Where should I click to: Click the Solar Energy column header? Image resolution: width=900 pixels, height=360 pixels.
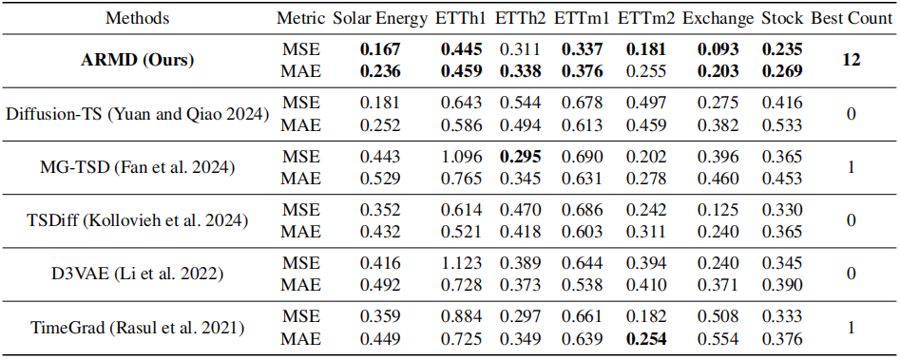[380, 18]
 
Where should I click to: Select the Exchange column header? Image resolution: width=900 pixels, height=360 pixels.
[718, 18]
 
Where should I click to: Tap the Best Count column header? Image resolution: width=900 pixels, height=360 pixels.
[852, 18]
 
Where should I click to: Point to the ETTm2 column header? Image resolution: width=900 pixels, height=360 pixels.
[642, 18]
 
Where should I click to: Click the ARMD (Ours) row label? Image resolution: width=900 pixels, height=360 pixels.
[138, 60]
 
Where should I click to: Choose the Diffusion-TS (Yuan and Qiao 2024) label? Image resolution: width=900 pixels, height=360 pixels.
[138, 113]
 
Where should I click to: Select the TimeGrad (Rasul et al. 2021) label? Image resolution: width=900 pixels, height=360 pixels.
[138, 329]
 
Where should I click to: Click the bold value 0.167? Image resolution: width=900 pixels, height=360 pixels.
[380, 49]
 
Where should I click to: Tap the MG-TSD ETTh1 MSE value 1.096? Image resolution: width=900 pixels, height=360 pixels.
[461, 157]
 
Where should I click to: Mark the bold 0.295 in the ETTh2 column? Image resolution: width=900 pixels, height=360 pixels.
[521, 157]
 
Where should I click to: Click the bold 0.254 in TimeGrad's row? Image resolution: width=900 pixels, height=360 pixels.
[646, 340]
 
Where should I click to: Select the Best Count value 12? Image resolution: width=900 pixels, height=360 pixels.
[852, 60]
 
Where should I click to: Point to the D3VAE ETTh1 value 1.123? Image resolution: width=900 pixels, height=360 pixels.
[461, 265]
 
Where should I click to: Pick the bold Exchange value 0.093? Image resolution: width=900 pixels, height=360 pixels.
[718, 49]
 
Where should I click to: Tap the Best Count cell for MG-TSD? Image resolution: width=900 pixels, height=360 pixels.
[852, 167]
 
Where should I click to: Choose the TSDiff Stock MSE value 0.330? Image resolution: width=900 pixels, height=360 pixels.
[782, 211]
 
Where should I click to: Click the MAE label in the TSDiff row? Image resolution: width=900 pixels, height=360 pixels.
[300, 232]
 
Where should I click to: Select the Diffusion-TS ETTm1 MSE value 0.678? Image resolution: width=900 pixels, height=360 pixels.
[582, 104]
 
